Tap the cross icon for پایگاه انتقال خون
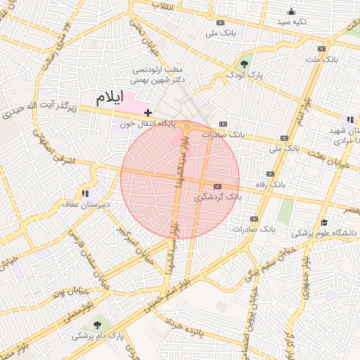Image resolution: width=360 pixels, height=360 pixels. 148,112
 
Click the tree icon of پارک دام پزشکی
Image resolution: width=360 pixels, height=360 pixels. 96,324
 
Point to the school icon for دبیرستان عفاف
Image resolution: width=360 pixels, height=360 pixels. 86,193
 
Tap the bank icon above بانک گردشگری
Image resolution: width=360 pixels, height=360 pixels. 217,186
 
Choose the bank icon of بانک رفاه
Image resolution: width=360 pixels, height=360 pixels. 269,174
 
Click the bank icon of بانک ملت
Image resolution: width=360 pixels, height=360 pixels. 321,49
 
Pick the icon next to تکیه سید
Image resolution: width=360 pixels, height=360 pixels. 291,11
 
